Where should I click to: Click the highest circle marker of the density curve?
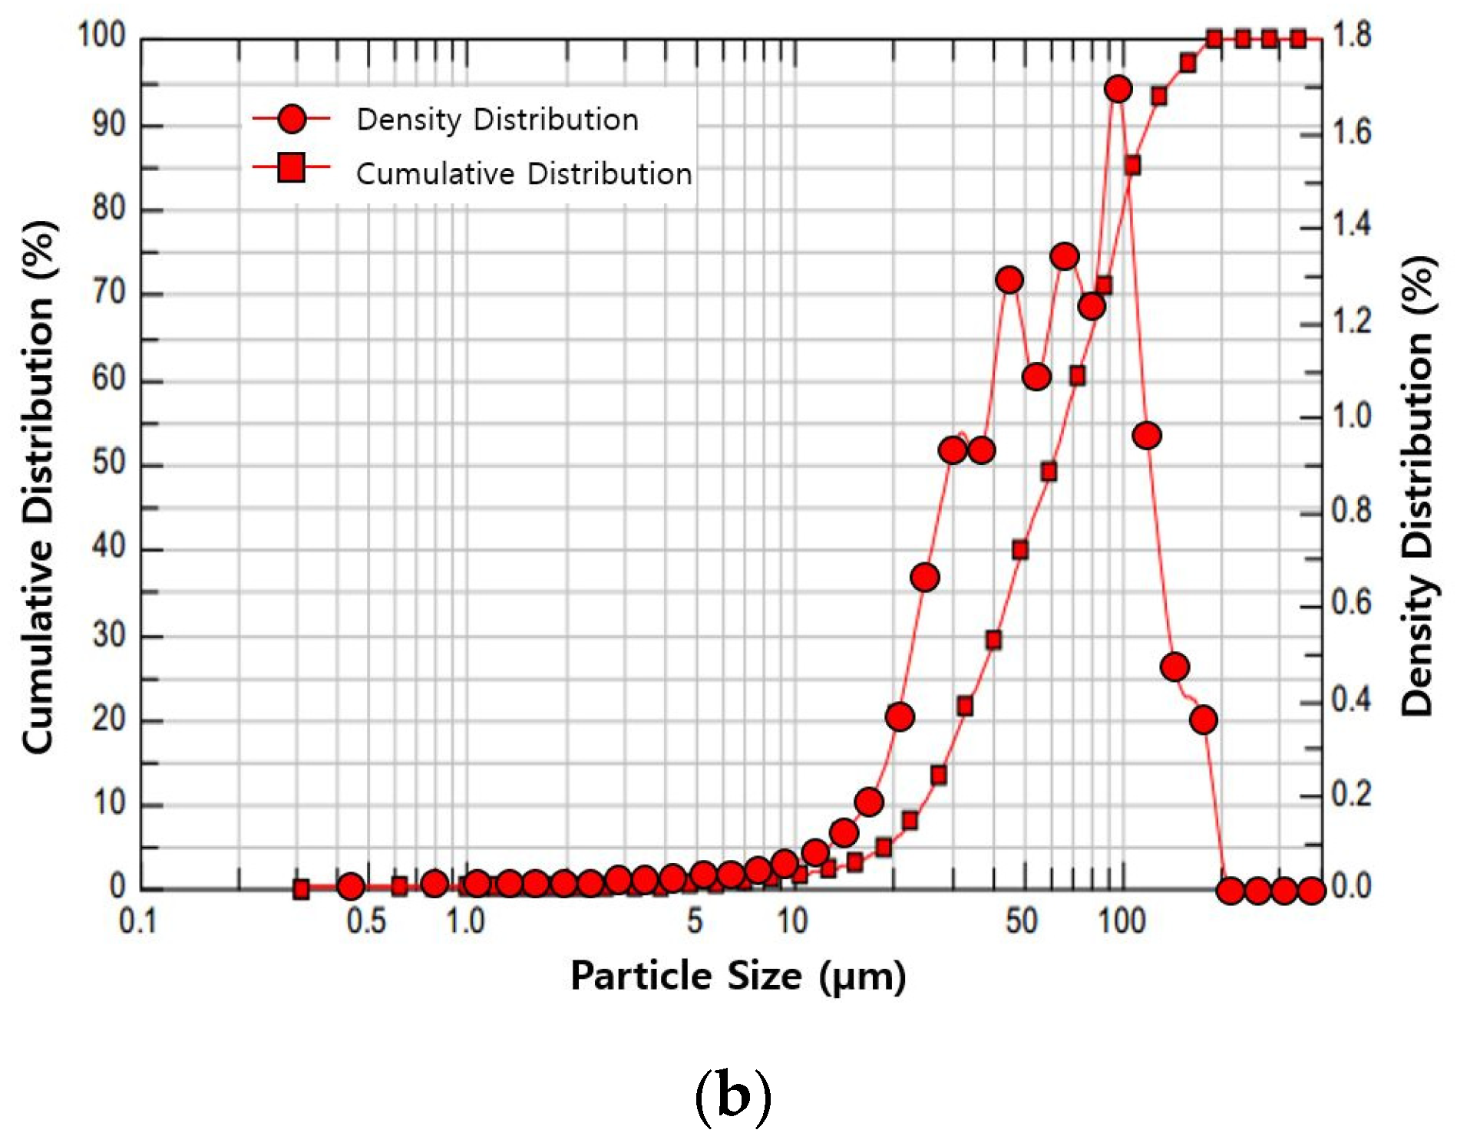pyautogui.click(x=1118, y=89)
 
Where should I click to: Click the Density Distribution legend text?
pyautogui.click(x=497, y=120)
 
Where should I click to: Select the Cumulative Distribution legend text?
pyautogui.click(x=524, y=174)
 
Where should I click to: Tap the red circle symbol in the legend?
pyautogui.click(x=292, y=119)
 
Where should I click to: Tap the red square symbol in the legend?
pyautogui.click(x=292, y=167)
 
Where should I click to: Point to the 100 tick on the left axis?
pyautogui.click(x=101, y=35)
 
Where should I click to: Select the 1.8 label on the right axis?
pyautogui.click(x=1351, y=35)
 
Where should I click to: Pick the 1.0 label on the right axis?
pyautogui.click(x=1351, y=416)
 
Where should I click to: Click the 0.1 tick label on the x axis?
pyautogui.click(x=138, y=921)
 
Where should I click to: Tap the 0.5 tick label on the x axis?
pyautogui.click(x=365, y=921)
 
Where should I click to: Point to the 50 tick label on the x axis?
pyautogui.click(x=1021, y=921)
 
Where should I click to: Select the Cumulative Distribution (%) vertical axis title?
pyautogui.click(x=38, y=487)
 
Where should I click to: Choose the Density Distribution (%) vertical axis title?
pyautogui.click(x=1417, y=487)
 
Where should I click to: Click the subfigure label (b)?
pyautogui.click(x=732, y=1097)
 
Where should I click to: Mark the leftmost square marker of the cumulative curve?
pyautogui.click(x=301, y=889)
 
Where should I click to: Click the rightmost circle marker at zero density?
pyautogui.click(x=1311, y=891)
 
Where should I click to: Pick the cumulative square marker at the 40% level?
pyautogui.click(x=1019, y=550)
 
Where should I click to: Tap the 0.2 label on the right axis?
pyautogui.click(x=1351, y=794)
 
